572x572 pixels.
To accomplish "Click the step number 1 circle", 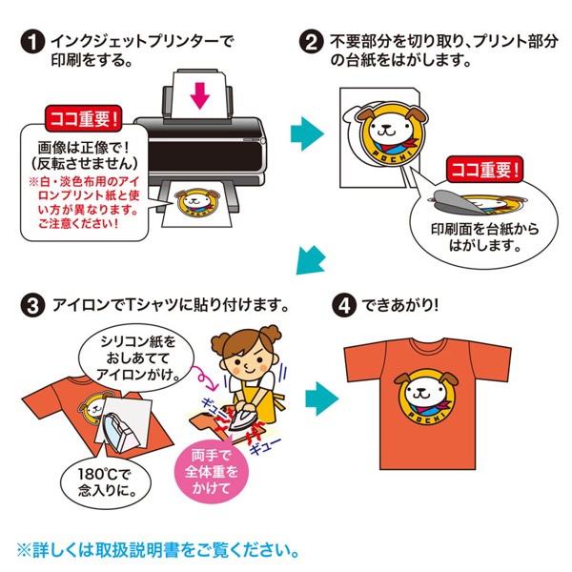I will pos(31,43).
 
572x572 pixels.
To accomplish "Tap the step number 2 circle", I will pos(312,43).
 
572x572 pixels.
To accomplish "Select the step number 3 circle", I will pos(31,306).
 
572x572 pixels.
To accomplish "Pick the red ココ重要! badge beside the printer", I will pos(86,120).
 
